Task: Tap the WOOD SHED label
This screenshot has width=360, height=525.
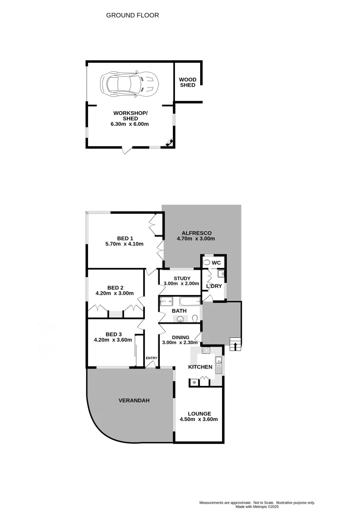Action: [187, 82]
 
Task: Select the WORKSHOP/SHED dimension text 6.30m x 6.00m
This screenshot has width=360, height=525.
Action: [130, 124]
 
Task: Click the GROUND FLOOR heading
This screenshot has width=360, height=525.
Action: [133, 15]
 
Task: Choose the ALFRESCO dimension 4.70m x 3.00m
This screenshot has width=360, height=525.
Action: [195, 239]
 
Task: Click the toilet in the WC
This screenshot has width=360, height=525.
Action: [207, 262]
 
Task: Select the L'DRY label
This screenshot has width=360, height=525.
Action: [214, 286]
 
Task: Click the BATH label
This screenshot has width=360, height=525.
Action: [179, 311]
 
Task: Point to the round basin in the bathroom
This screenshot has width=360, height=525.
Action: [181, 319]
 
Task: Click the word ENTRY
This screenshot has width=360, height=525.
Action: [152, 358]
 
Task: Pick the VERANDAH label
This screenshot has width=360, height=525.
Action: [134, 401]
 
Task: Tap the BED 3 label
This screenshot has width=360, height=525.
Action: [113, 334]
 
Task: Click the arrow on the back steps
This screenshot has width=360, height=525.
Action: [236, 346]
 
